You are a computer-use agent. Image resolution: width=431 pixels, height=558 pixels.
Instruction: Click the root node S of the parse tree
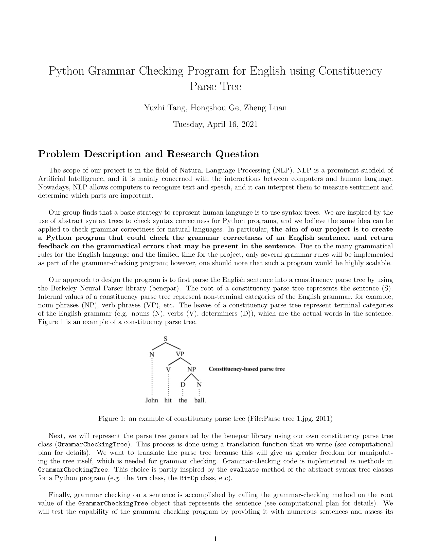click(165, 339)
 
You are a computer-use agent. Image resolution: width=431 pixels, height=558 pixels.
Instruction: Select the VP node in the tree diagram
click(180, 354)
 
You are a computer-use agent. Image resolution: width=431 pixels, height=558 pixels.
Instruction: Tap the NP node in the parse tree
click(191, 369)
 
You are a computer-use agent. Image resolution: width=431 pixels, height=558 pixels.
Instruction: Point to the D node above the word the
click(183, 384)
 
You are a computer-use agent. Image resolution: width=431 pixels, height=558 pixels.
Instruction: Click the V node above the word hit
click(168, 370)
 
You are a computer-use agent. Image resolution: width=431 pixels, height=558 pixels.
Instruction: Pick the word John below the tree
click(152, 400)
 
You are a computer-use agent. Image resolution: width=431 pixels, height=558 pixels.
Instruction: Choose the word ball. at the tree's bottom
click(200, 400)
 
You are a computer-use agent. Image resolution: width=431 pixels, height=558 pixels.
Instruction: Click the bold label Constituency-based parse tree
click(247, 369)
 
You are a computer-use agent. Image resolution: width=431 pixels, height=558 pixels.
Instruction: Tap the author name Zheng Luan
click(265, 108)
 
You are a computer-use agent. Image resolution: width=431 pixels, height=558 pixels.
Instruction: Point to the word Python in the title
click(66, 71)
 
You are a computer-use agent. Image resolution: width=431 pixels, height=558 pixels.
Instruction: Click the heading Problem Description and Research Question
click(149, 154)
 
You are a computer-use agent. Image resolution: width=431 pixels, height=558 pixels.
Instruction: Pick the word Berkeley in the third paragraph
click(65, 288)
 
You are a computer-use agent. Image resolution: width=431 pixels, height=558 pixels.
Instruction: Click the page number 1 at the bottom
click(215, 539)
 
